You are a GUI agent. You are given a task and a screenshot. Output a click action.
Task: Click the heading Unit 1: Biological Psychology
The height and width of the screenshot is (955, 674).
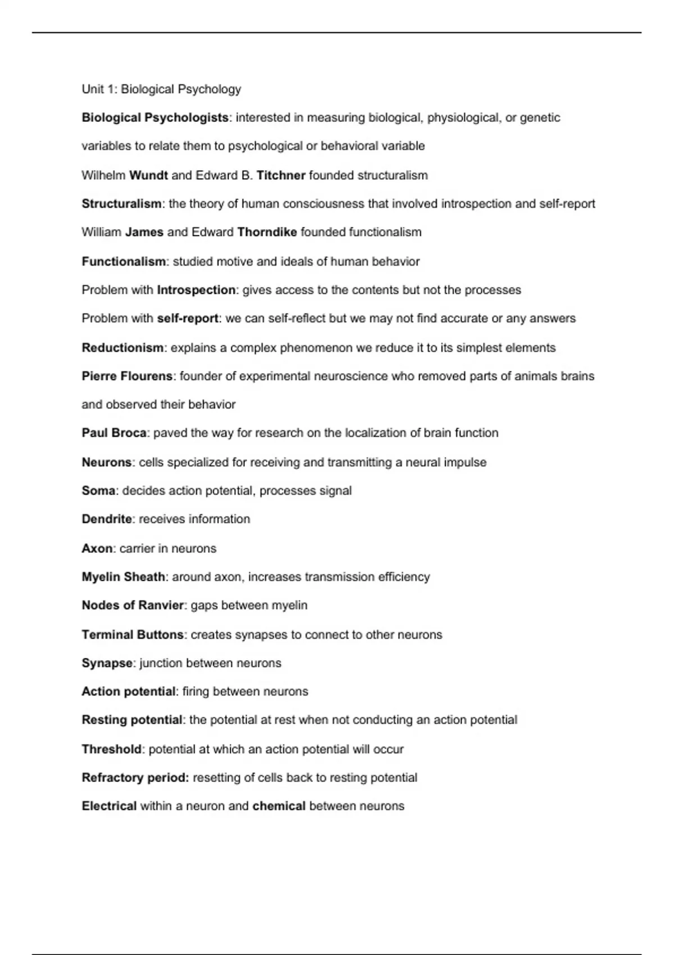161,89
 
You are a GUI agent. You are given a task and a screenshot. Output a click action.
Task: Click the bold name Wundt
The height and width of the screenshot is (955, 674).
148,175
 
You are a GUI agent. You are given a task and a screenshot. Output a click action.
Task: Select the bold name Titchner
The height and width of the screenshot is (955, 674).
281,175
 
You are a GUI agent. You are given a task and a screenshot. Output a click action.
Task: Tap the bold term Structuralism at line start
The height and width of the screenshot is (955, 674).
121,204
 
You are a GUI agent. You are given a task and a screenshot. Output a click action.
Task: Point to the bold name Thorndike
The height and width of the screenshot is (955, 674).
267,232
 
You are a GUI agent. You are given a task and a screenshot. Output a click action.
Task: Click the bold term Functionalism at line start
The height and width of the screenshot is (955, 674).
124,262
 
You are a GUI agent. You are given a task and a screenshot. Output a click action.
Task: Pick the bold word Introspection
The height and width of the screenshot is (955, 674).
196,290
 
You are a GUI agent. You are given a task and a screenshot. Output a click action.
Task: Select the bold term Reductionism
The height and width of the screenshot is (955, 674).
122,348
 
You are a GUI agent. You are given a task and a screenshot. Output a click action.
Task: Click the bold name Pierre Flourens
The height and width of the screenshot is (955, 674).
127,376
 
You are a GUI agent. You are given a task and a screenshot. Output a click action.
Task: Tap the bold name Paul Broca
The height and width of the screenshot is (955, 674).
114,433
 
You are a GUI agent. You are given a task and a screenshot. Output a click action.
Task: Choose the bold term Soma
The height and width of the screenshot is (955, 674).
98,491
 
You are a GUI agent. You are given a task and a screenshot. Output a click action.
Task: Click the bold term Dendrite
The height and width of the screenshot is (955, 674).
107,519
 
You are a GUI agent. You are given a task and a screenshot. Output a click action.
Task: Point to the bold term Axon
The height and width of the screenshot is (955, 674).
97,548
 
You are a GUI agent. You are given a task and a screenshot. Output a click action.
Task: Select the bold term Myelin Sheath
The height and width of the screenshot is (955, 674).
123,577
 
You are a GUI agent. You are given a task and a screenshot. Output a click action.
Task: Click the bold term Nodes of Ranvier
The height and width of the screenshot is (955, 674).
133,606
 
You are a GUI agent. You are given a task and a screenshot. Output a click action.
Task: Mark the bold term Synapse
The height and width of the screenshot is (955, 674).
107,663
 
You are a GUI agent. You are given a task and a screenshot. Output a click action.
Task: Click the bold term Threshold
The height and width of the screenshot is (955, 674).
111,749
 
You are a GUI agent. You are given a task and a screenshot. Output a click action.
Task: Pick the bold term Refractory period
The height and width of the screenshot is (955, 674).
135,778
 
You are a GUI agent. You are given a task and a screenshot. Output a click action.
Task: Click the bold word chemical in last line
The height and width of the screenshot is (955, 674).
279,806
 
